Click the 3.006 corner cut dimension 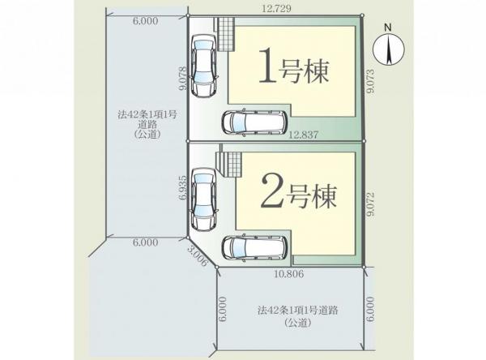tap(198, 257)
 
